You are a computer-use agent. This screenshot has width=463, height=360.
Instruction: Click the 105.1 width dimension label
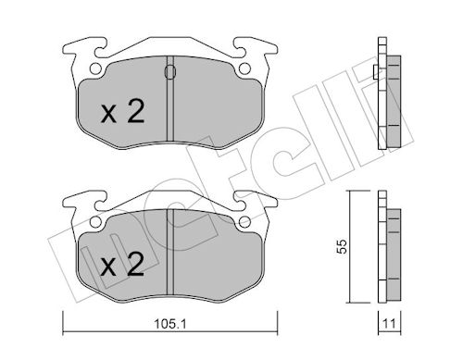[x=169, y=324]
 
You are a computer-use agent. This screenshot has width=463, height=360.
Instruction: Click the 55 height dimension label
[x=342, y=246]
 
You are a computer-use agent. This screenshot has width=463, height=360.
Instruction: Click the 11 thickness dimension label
[x=389, y=324]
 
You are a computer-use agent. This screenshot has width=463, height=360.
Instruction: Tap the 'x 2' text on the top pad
[x=123, y=112]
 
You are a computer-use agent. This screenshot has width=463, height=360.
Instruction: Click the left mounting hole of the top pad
[x=95, y=68]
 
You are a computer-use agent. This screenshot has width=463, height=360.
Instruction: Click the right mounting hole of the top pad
[x=244, y=68]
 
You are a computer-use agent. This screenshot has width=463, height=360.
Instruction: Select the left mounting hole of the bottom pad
[x=95, y=222]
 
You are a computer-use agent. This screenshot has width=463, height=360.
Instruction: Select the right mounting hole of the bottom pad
[x=244, y=222]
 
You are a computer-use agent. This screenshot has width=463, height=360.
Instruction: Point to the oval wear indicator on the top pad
[x=170, y=72]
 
